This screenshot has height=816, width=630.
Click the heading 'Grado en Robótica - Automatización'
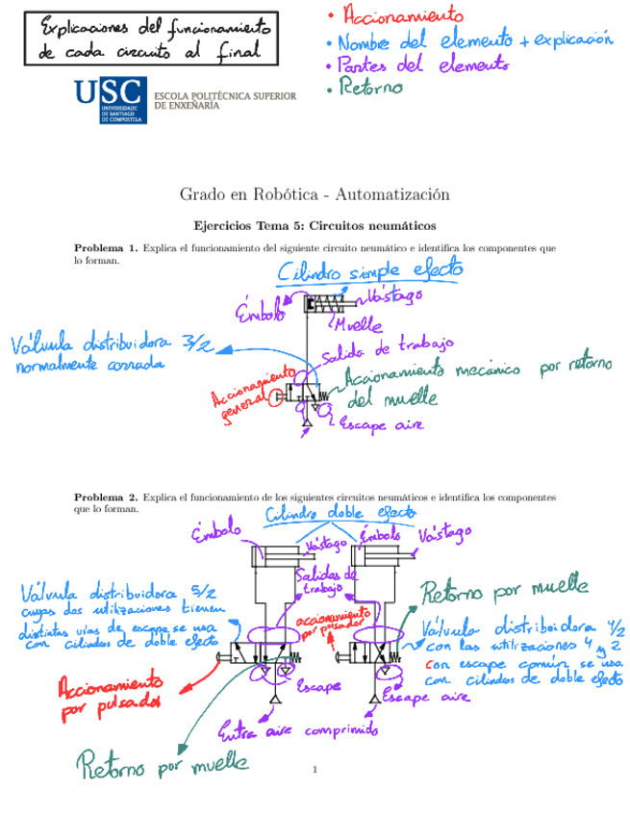point(315,195)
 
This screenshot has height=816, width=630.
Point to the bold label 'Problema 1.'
point(106,248)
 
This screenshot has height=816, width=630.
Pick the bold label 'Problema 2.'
point(106,497)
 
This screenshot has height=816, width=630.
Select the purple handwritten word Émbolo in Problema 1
point(260,310)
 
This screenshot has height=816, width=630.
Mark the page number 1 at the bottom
point(314,771)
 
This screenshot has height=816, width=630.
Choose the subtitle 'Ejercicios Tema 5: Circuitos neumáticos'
point(315,226)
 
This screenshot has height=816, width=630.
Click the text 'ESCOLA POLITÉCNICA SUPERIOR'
point(224,96)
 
